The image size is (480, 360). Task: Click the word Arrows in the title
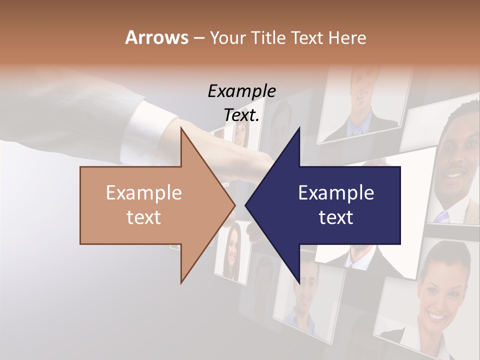156,37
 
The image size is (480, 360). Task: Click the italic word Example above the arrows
241,91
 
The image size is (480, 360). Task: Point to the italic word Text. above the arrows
241,115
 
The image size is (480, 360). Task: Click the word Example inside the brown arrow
144,193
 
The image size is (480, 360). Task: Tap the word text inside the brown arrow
144,217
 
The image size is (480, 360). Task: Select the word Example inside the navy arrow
336,193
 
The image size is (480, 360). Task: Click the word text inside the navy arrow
336,217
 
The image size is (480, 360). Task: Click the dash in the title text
198,37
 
